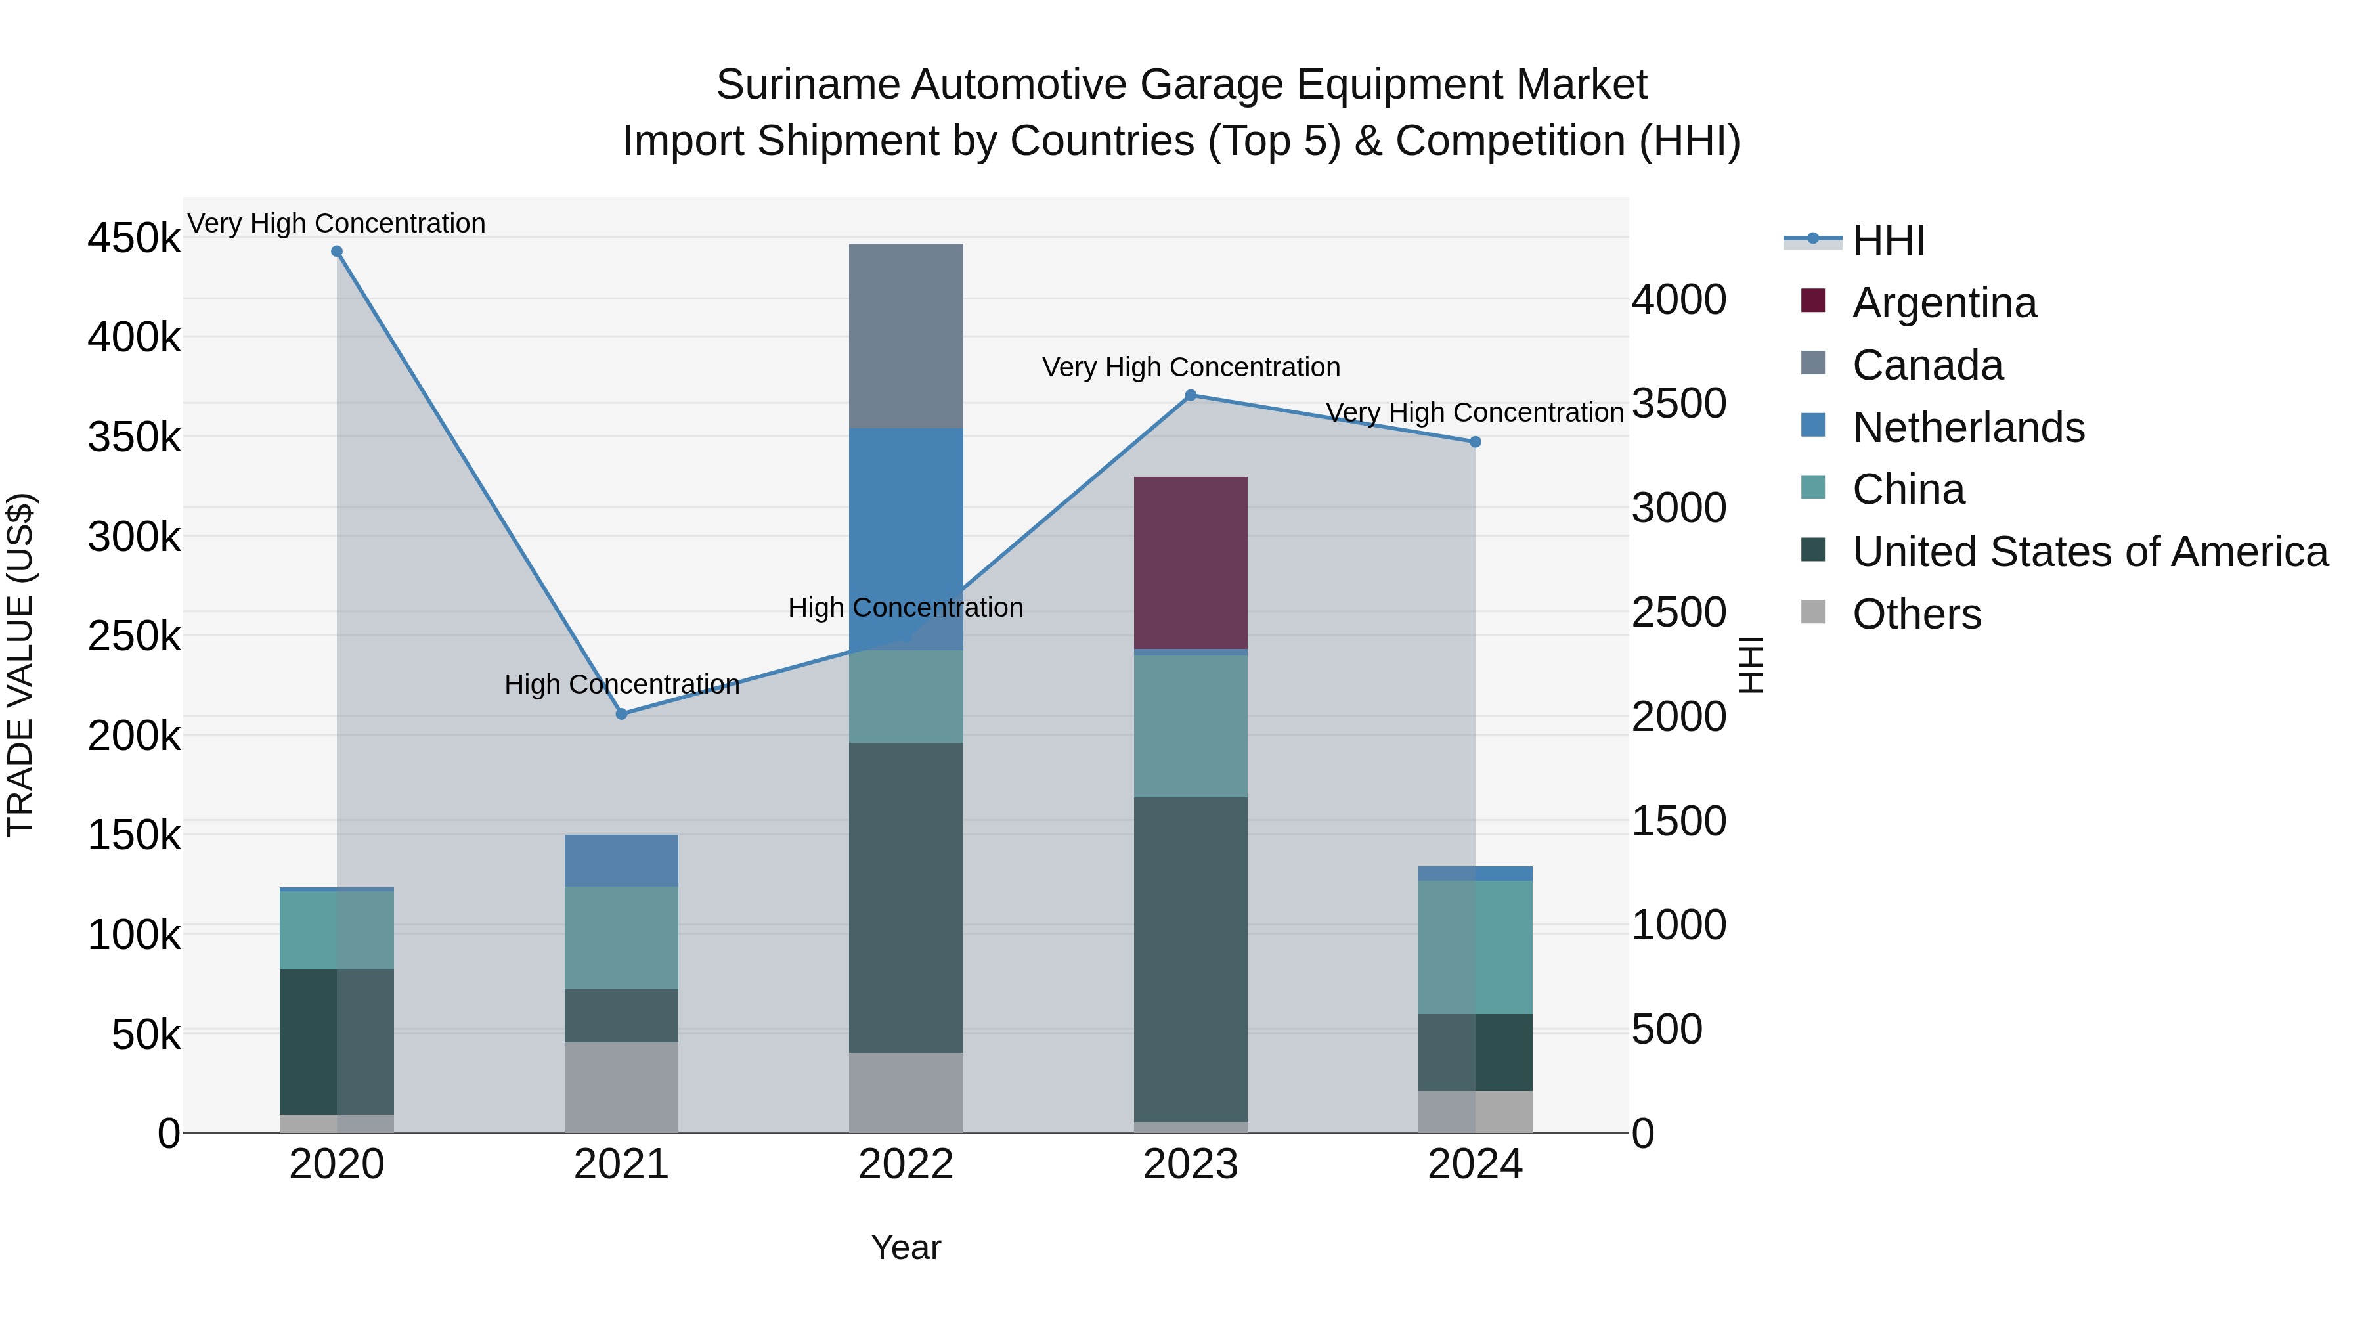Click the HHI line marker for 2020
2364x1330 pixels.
pyautogui.click(x=337, y=252)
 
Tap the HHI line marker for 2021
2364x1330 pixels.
pyautogui.click(x=621, y=714)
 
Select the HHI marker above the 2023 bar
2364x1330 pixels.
pyautogui.click(x=1191, y=395)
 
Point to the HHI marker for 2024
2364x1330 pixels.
pyautogui.click(x=1475, y=443)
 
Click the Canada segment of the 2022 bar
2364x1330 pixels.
pyautogui.click(x=906, y=336)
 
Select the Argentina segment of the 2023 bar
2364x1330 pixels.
pyautogui.click(x=1191, y=563)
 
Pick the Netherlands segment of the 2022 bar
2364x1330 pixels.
pyautogui.click(x=906, y=539)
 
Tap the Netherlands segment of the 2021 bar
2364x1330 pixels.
pyautogui.click(x=621, y=861)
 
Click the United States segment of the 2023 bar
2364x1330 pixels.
pyautogui.click(x=1191, y=959)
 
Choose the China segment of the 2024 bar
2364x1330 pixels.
pyautogui.click(x=1475, y=947)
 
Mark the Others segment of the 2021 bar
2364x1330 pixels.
pyautogui.click(x=621, y=1087)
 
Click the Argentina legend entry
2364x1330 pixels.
pyautogui.click(x=1944, y=303)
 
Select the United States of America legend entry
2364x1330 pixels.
pyautogui.click(x=2090, y=552)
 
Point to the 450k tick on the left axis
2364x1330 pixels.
pyautogui.click(x=134, y=238)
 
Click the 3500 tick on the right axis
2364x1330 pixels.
pyautogui.click(x=1678, y=404)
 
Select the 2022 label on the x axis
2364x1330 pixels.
pyautogui.click(x=906, y=1164)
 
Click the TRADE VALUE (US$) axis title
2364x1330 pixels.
pyautogui.click(x=21, y=665)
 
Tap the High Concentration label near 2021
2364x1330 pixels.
pyautogui.click(x=621, y=685)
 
